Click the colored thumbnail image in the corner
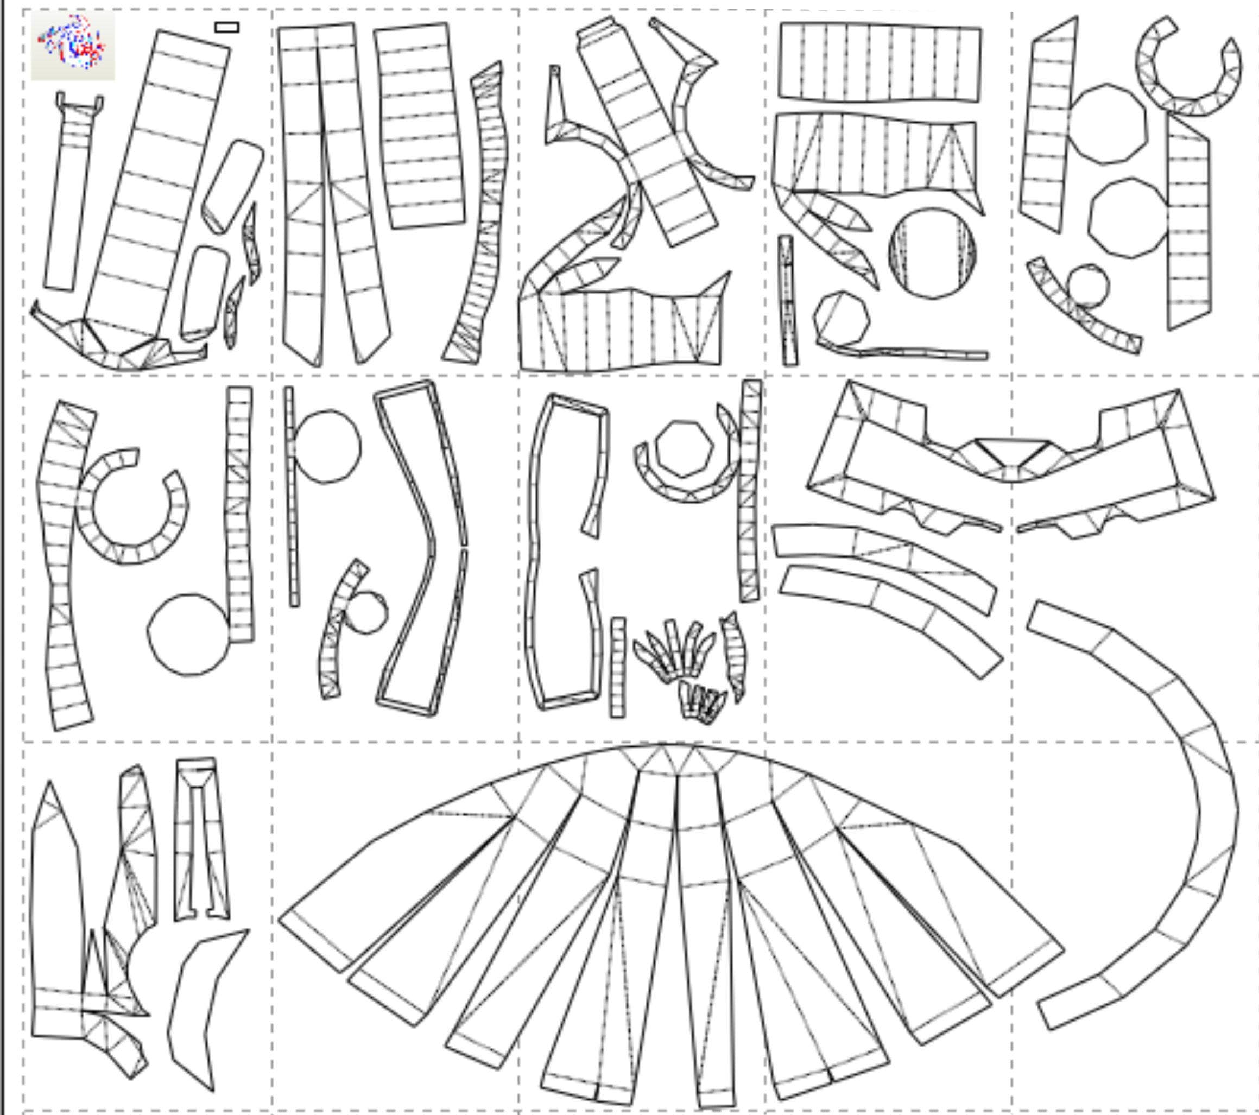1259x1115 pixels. click(73, 46)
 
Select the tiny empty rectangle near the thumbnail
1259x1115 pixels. click(227, 27)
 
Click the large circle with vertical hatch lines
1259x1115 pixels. click(932, 253)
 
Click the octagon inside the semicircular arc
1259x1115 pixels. click(684, 449)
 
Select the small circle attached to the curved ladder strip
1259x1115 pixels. click(366, 613)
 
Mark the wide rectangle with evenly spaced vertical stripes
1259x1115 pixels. click(880, 61)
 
